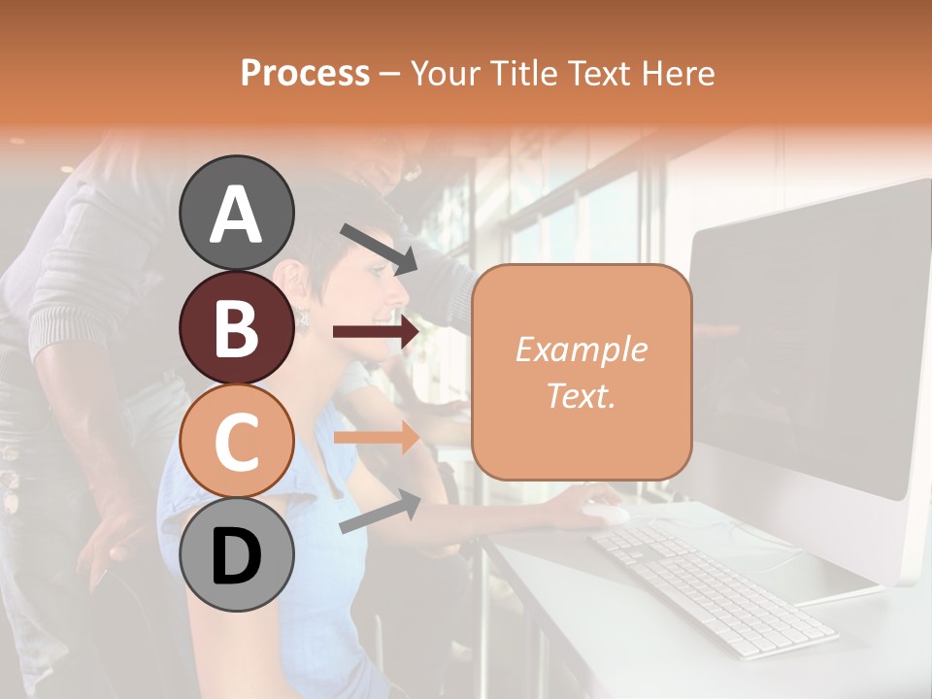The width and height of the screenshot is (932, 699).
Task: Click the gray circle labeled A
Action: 237,213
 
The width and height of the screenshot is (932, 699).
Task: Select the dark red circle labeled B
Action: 237,328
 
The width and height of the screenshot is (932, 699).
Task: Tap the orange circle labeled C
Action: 237,442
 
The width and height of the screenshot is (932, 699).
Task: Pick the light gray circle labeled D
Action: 237,554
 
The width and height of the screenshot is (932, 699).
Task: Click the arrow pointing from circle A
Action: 379,249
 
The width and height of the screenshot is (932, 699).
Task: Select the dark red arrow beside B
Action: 376,332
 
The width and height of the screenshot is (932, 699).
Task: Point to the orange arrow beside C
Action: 376,437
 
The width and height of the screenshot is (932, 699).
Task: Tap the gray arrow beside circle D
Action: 380,512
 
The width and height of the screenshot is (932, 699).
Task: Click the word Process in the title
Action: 305,73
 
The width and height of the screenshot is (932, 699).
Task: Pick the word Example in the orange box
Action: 581,349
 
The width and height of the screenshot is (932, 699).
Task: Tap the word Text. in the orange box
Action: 581,395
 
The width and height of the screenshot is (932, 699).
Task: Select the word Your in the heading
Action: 444,73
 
